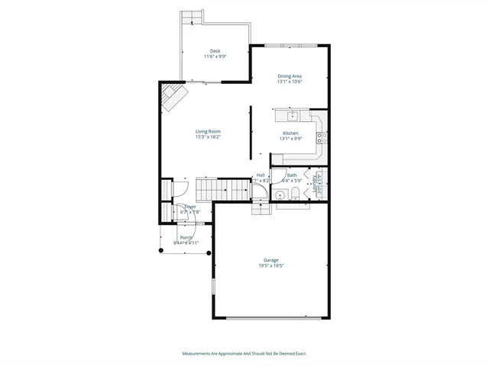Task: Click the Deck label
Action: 215,51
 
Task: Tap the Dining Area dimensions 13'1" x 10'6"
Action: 290,82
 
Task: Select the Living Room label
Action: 208,132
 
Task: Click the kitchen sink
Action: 292,116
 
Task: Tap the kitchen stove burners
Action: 322,138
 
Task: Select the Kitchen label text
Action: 290,133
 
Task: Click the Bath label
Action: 292,175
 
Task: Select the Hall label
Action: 261,175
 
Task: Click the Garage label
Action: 271,260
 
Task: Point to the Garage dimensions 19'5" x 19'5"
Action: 271,266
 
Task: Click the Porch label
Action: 186,237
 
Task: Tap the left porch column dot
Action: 160,250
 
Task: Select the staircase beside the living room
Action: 213,188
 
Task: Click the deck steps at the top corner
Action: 191,17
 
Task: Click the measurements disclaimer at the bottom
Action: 244,354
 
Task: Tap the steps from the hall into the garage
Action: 261,209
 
